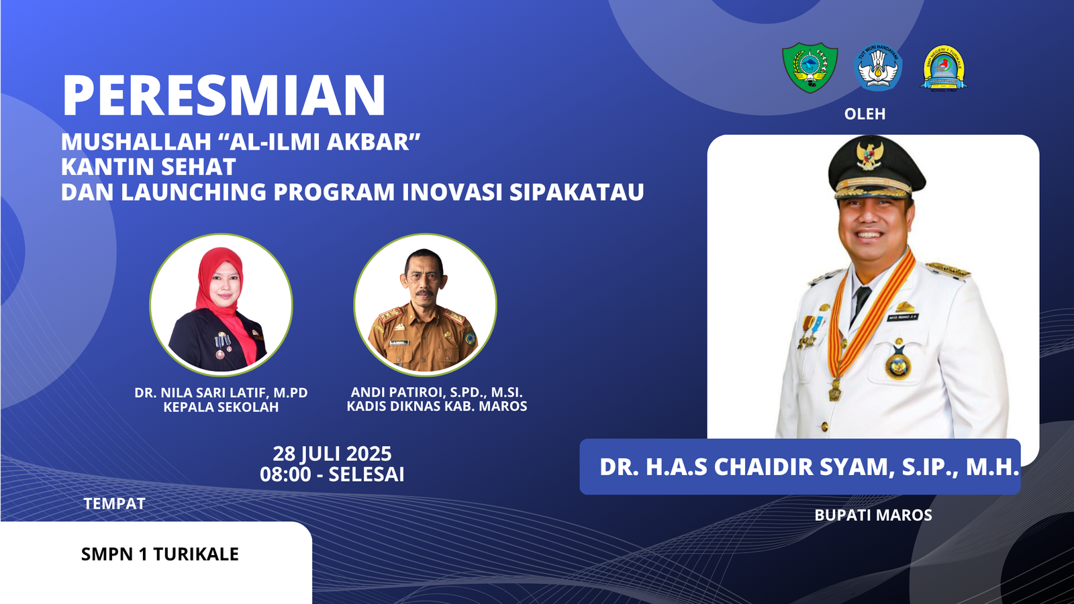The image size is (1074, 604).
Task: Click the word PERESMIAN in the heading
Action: (x=224, y=95)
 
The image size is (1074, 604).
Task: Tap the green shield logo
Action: (x=810, y=68)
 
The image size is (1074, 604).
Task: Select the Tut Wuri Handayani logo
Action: (x=879, y=67)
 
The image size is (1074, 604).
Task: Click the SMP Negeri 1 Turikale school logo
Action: (x=944, y=68)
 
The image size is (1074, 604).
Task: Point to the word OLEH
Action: (x=865, y=114)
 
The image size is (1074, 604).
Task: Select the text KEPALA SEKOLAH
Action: (x=221, y=407)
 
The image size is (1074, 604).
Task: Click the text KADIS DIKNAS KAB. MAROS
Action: (x=437, y=407)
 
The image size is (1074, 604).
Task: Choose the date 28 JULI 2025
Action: (x=332, y=454)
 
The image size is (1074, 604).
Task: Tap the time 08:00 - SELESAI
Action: (x=332, y=474)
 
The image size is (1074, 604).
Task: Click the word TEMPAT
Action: (x=114, y=504)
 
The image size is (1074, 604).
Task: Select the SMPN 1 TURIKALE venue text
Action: (x=160, y=554)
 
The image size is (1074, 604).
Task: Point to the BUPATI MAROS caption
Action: (x=873, y=515)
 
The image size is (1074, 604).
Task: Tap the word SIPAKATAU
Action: (x=577, y=192)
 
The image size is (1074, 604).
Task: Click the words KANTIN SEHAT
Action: (x=148, y=167)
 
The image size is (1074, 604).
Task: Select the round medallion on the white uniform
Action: (x=897, y=366)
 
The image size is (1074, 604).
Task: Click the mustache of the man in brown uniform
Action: (x=424, y=292)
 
